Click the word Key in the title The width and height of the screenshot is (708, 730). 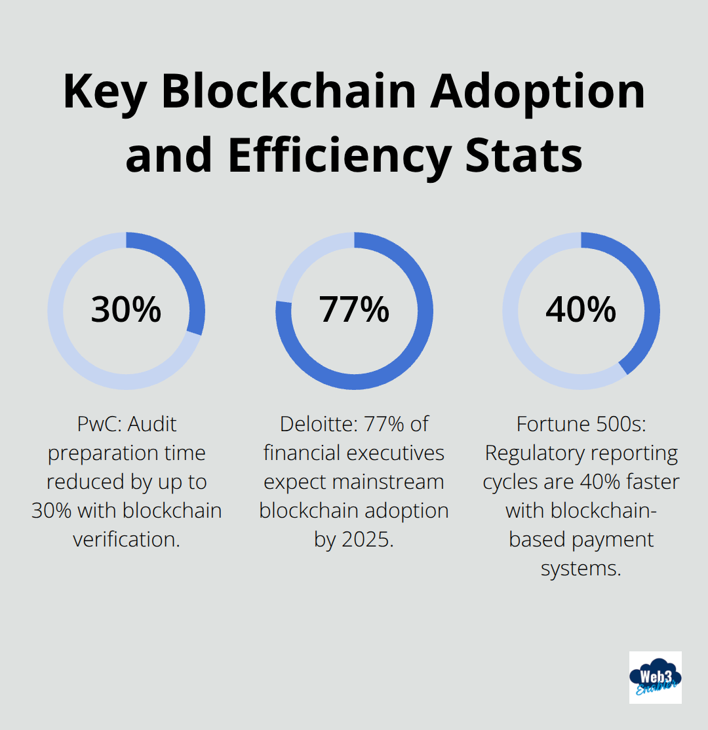coord(105,92)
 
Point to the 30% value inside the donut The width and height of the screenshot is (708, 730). coord(126,309)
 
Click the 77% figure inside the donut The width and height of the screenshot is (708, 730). coord(354,309)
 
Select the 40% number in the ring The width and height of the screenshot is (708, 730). coord(581,309)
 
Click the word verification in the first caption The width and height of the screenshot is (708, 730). coord(126,540)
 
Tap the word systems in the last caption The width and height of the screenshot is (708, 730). coord(581,569)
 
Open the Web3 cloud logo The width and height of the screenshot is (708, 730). coord(655,677)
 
